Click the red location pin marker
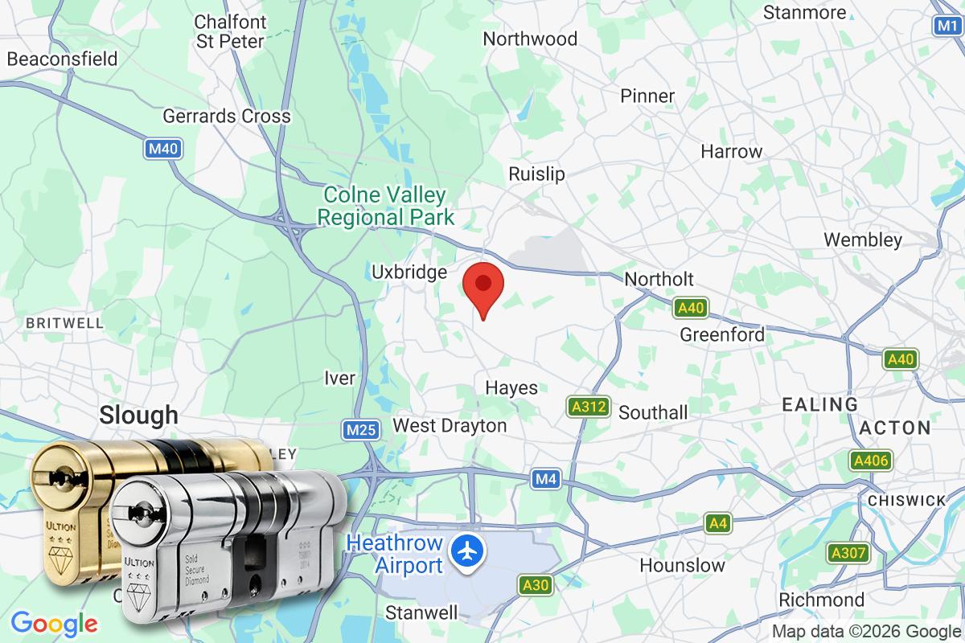[483, 286]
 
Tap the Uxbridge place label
[409, 272]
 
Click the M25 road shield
[360, 431]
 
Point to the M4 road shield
[546, 480]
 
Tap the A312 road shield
[588, 407]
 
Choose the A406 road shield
[870, 461]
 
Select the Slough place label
[138, 415]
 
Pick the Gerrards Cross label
[226, 116]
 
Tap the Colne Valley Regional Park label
[385, 206]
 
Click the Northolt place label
[659, 279]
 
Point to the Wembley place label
[863, 240]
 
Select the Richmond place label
[821, 600]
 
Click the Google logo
[55, 624]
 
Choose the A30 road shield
[535, 584]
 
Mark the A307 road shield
[848, 553]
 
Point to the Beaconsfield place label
[62, 59]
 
